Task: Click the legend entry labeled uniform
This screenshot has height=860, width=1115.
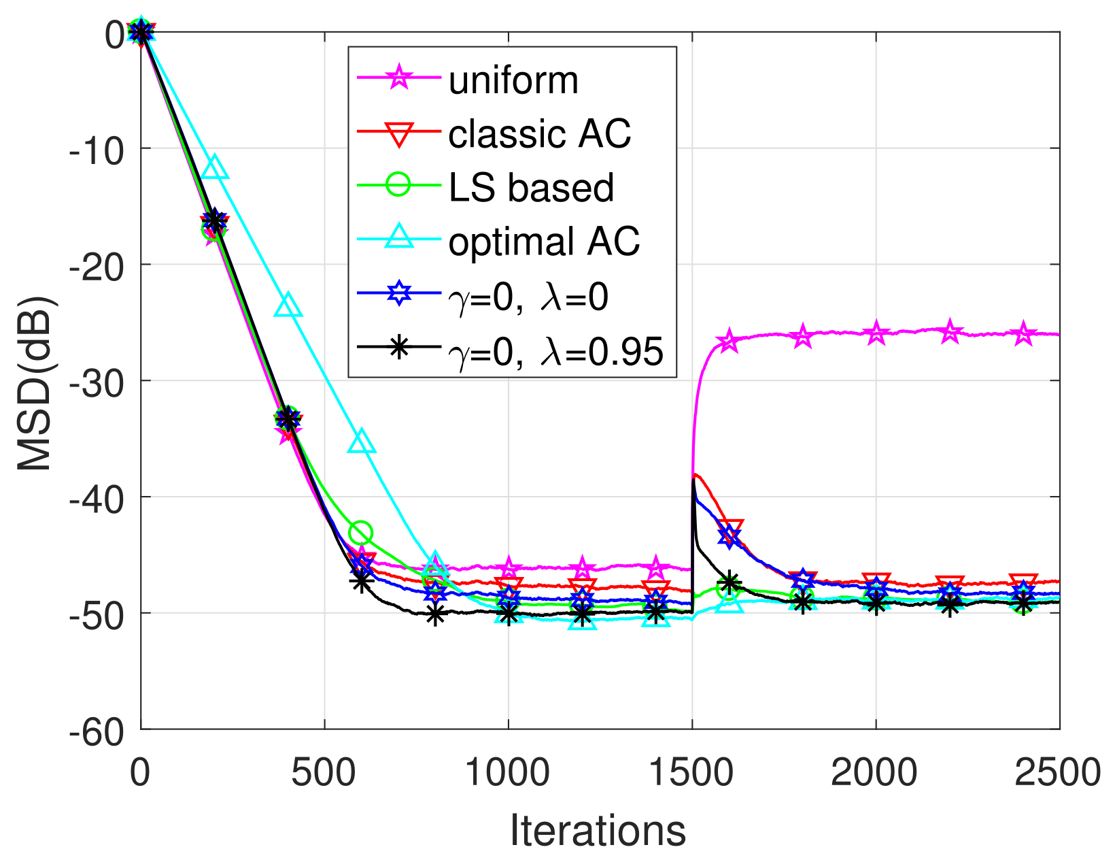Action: pos(513,80)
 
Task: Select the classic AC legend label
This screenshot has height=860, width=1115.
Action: pos(540,134)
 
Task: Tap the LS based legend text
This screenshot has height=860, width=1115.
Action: pos(531,187)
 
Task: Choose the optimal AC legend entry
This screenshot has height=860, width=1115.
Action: pos(544,241)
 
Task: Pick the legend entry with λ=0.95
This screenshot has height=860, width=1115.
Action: pos(555,351)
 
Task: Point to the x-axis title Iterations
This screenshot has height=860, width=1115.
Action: pos(598,831)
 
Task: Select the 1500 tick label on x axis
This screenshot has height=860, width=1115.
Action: pos(692,774)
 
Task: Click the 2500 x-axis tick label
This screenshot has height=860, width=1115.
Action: pos(1057,774)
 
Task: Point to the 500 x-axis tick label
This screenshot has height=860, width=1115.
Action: pos(325,774)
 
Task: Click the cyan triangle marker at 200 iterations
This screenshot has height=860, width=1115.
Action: pos(215,167)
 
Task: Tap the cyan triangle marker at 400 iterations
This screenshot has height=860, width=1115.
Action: pos(288,306)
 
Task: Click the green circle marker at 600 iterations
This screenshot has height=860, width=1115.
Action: pos(361,533)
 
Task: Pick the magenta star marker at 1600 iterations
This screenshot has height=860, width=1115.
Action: pos(729,340)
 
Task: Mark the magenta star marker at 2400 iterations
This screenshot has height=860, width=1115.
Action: pos(1023,334)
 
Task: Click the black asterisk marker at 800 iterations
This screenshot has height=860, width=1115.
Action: pos(435,614)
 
